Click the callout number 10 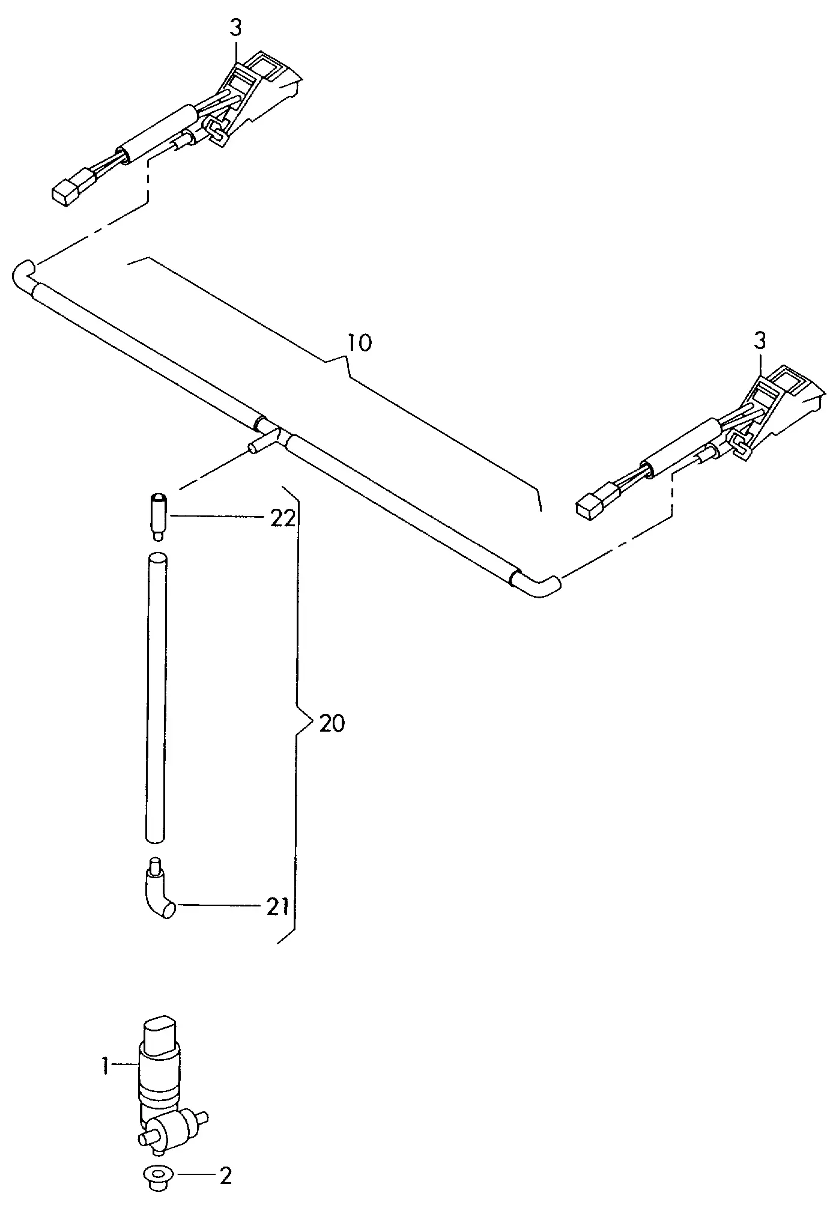click(x=360, y=343)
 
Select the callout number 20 click(x=332, y=723)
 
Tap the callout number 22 click(x=282, y=518)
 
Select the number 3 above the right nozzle click(x=760, y=341)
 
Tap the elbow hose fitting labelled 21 click(x=157, y=897)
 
